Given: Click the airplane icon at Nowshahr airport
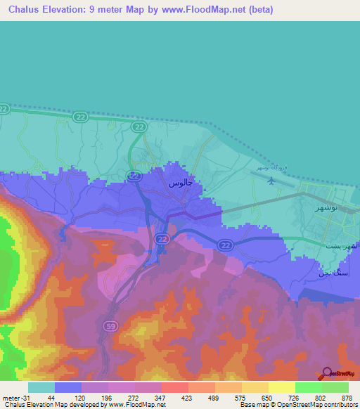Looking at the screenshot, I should pos(271,181).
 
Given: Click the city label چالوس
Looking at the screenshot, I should pos(180,183).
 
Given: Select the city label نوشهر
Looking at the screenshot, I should pos(326,209).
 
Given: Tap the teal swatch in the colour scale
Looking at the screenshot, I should pos(41,387).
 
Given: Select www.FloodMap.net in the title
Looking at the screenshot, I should pos(206,10).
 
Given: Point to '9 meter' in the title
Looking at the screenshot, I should pos(115,10).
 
